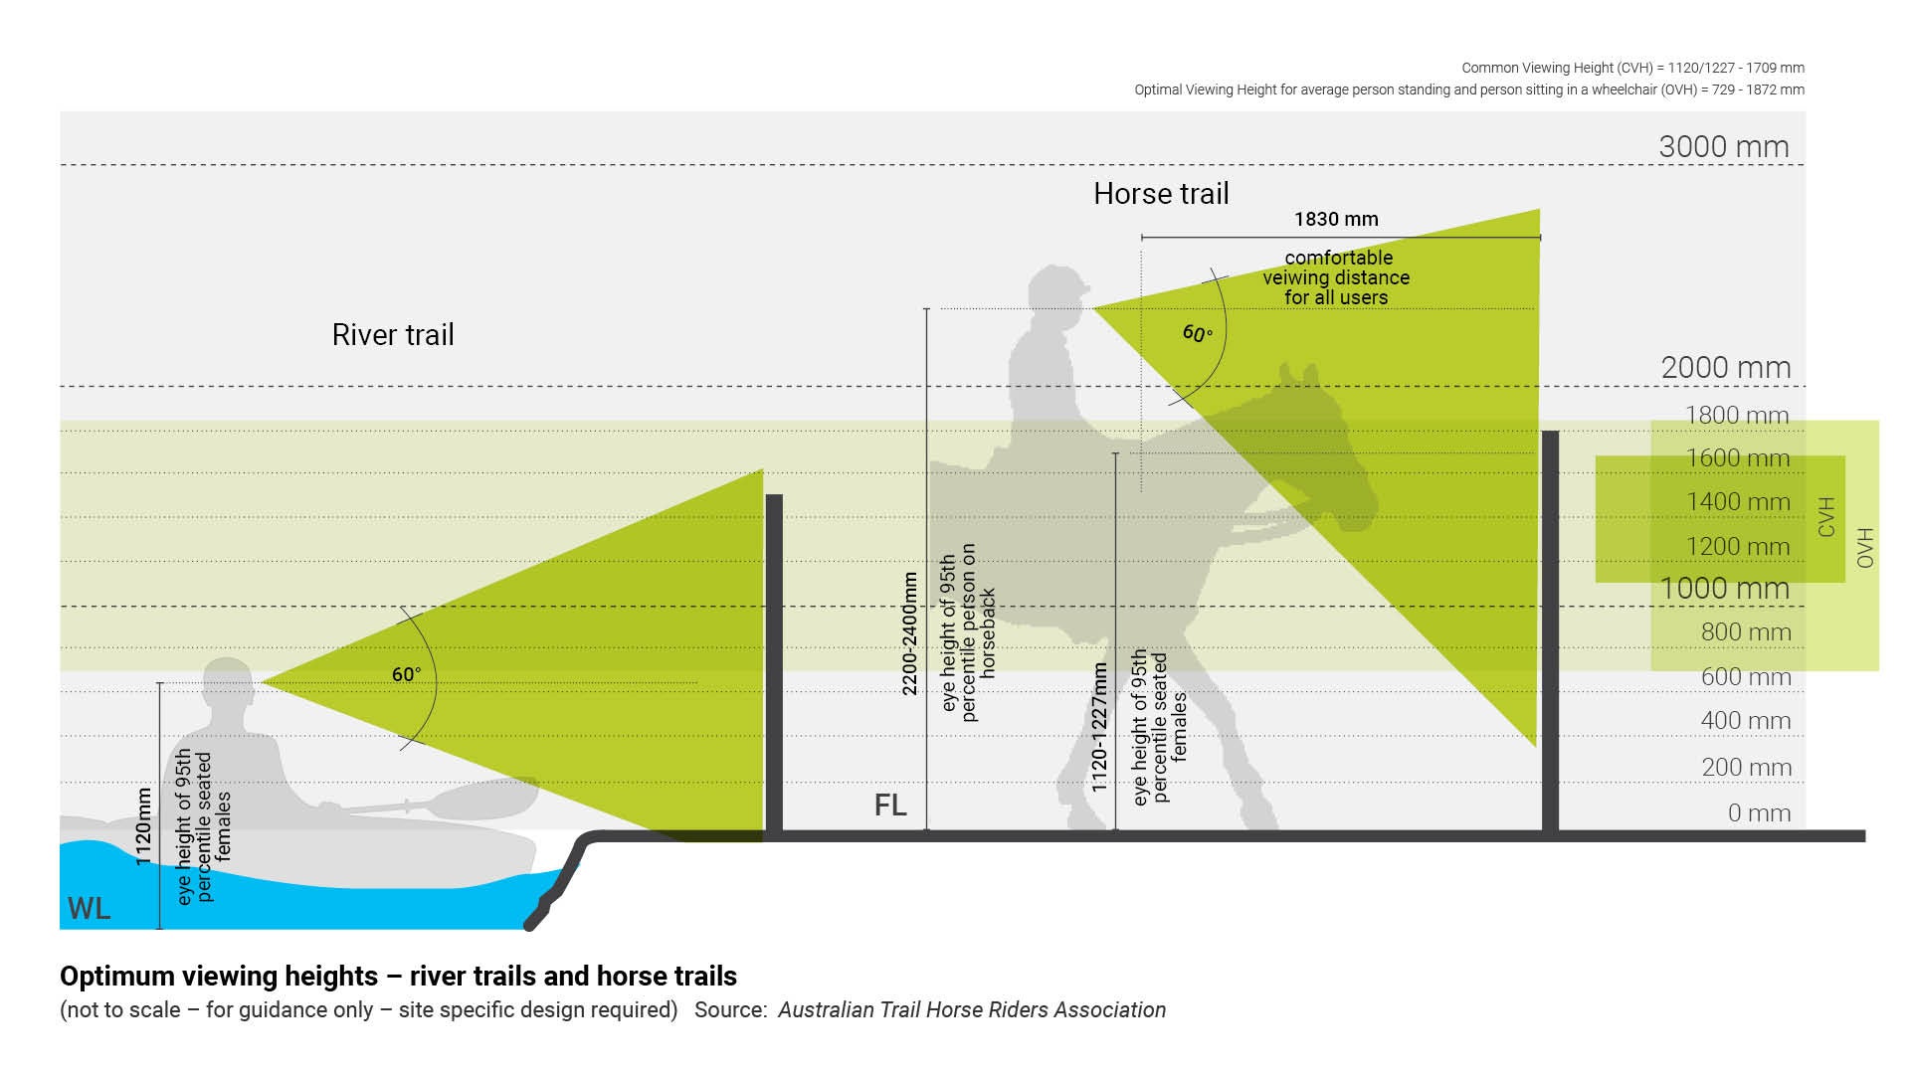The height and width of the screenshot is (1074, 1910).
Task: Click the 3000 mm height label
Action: pyautogui.click(x=1724, y=146)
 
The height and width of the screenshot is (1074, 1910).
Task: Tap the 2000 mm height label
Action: pyautogui.click(x=1726, y=367)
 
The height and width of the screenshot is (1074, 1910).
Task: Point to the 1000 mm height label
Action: pyautogui.click(x=1725, y=588)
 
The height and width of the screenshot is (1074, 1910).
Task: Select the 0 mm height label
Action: pyautogui.click(x=1759, y=812)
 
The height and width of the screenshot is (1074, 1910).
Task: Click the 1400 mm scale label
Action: pyautogui.click(x=1738, y=502)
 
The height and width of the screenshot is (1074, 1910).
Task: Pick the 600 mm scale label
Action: pyautogui.click(x=1746, y=677)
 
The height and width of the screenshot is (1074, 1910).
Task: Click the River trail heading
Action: pyautogui.click(x=393, y=334)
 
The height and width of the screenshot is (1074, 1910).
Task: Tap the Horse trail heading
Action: pyautogui.click(x=1161, y=193)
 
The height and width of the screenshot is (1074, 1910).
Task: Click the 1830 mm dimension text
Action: pyautogui.click(x=1336, y=219)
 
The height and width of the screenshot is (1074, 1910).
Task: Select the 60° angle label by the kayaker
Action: pyautogui.click(x=406, y=674)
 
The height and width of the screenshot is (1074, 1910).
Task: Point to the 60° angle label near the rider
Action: pyautogui.click(x=1198, y=333)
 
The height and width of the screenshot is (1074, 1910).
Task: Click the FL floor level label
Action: pyautogui.click(x=890, y=805)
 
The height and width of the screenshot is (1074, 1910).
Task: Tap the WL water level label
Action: pyautogui.click(x=89, y=908)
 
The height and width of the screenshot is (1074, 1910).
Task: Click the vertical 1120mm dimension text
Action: pyautogui.click(x=144, y=826)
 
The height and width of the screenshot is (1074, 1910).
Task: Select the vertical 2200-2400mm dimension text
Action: pyautogui.click(x=909, y=633)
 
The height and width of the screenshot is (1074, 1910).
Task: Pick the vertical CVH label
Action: pyautogui.click(x=1826, y=517)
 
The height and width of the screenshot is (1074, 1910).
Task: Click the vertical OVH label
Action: pyautogui.click(x=1865, y=548)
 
